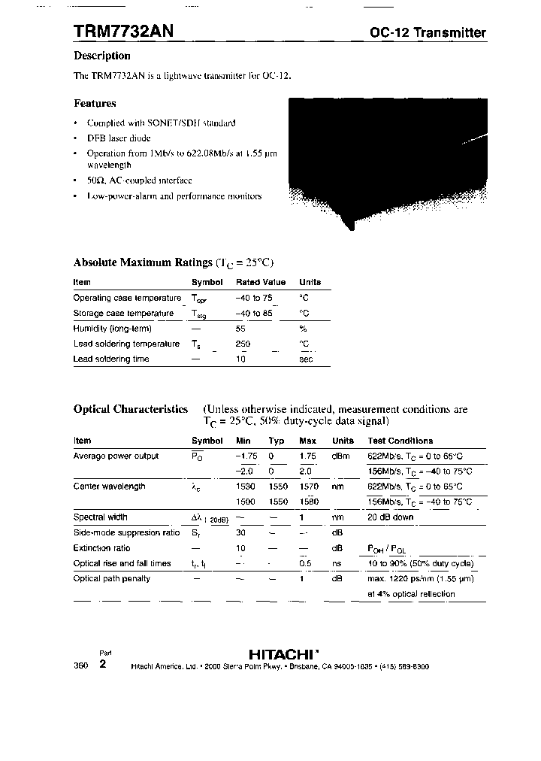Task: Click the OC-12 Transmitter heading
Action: (428, 32)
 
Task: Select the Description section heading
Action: (102, 56)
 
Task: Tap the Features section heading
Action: (95, 103)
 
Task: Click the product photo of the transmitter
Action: (387, 162)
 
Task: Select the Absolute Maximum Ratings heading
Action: (143, 262)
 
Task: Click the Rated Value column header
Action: (261, 282)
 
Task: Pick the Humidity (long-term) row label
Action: (112, 328)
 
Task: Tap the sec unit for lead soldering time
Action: (306, 359)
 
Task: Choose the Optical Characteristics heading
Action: (131, 409)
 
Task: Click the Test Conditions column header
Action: (400, 441)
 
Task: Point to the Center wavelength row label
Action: (109, 487)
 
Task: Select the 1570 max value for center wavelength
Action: (309, 487)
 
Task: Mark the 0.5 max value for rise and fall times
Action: (306, 563)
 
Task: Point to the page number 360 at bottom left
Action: (81, 666)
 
